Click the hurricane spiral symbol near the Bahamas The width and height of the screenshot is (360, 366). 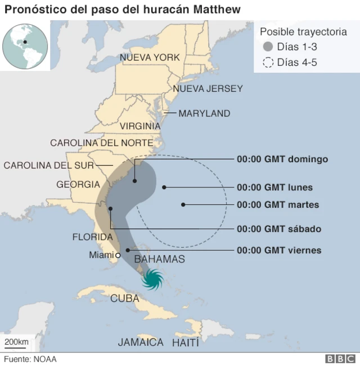152,279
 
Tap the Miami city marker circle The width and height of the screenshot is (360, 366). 117,255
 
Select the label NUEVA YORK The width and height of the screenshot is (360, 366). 150,57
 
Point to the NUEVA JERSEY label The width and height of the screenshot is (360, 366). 208,88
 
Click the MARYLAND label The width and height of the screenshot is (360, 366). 204,113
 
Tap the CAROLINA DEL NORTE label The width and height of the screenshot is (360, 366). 101,143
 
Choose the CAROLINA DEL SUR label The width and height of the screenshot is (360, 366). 49,165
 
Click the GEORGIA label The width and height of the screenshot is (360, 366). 78,184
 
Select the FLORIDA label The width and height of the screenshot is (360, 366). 92,237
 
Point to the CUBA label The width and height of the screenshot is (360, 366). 124,298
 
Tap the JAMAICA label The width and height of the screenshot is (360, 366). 141,342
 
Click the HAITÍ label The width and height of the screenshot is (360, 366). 186,342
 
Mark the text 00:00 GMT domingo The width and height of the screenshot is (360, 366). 282,159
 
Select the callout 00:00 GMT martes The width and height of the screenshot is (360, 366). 278,205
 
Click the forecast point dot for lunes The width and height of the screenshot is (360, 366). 164,187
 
